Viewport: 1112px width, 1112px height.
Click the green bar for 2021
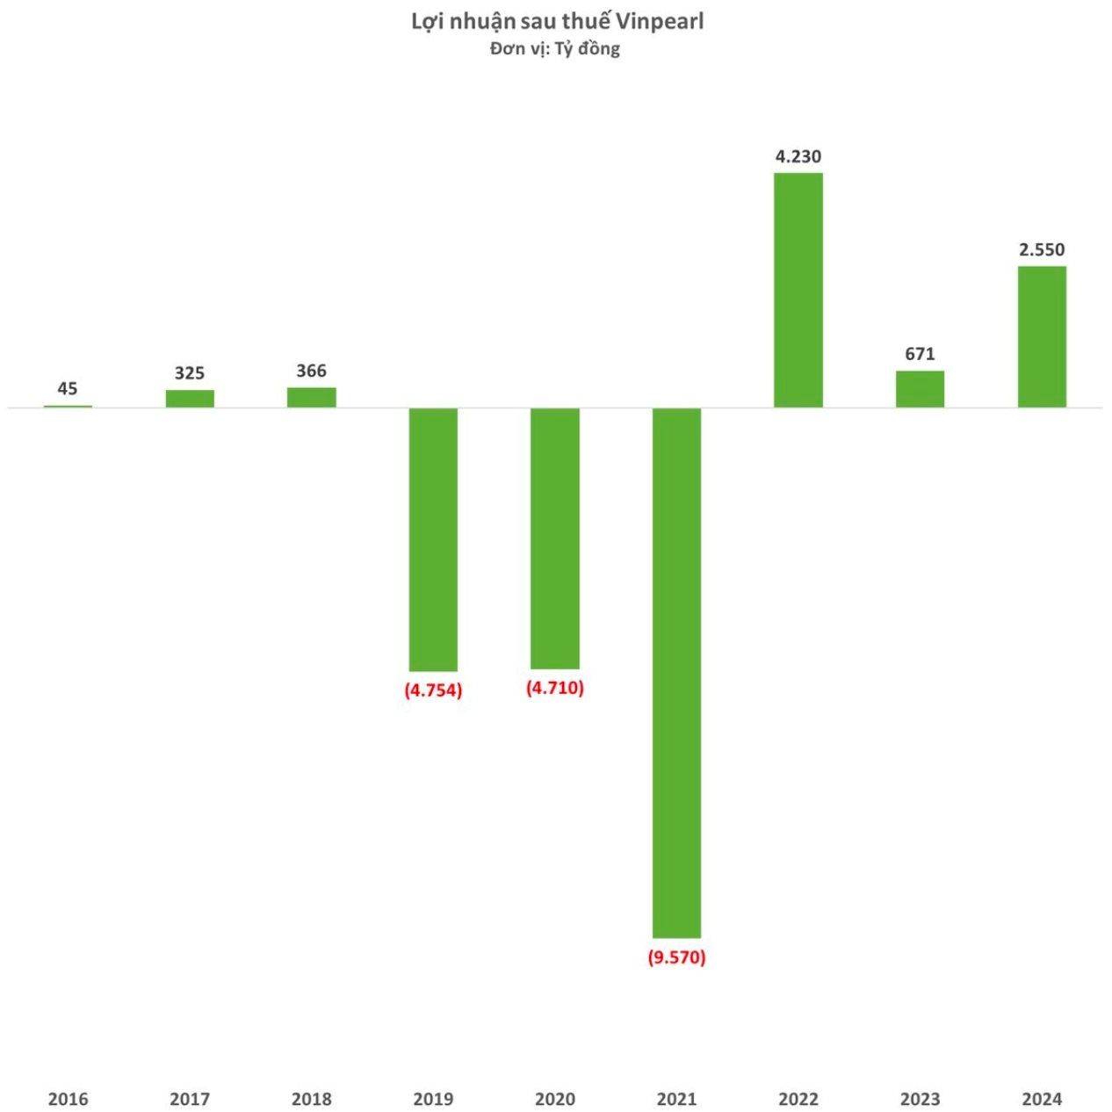click(676, 672)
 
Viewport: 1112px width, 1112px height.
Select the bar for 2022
click(798, 290)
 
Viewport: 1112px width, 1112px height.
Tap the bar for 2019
click(433, 539)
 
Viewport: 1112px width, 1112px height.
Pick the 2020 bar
click(554, 538)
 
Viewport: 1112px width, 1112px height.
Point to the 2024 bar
click(1042, 336)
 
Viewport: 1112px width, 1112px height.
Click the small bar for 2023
click(920, 389)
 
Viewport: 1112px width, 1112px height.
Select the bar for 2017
click(190, 399)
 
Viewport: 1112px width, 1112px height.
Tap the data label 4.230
click(798, 156)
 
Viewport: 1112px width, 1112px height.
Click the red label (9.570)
click(676, 957)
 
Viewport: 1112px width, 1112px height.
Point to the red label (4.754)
click(433, 690)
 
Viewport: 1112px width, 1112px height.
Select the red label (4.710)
click(554, 687)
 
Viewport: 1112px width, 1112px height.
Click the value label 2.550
click(1042, 249)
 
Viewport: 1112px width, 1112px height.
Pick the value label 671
click(920, 353)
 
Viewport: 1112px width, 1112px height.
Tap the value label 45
click(68, 388)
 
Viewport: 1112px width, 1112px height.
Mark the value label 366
click(311, 371)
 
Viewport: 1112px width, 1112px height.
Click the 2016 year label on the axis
click(68, 1098)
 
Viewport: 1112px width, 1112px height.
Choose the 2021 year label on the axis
click(676, 1098)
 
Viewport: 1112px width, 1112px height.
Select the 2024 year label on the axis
click(1042, 1098)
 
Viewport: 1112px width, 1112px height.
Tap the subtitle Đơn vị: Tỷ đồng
click(555, 48)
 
